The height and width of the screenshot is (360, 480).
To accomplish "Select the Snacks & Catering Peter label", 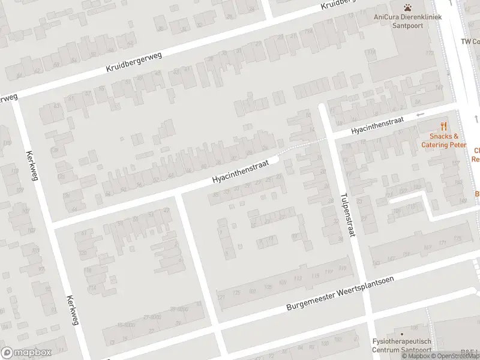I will (443, 141).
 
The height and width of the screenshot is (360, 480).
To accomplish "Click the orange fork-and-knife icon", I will (444, 126).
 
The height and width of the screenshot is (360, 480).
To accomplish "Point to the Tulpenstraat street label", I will (347, 215).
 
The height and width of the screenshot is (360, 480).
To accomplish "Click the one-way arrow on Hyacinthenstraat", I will (420, 114).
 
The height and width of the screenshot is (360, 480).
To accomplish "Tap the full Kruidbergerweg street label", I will (136, 60).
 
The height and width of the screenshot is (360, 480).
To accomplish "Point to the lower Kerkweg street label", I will (73, 311).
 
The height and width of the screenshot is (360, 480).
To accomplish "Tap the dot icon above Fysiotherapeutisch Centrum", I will (401, 334).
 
